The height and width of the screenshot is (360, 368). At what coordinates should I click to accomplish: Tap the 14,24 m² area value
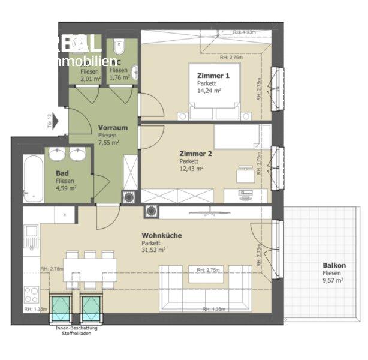209,91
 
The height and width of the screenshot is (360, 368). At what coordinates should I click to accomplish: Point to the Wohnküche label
162,235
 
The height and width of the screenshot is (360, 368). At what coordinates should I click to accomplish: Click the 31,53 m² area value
154,250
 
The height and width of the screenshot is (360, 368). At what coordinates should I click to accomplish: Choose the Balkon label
334,265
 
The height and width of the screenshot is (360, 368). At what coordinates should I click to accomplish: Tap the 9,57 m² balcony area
333,280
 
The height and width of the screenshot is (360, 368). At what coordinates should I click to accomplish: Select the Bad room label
61,172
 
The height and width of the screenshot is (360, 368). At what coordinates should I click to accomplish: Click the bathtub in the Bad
32,179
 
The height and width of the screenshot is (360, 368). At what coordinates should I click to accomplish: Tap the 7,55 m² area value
108,143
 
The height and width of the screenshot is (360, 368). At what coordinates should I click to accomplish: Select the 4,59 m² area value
65,187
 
